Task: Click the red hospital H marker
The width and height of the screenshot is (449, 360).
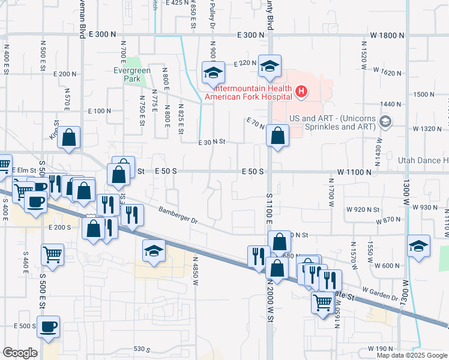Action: (x=302, y=92)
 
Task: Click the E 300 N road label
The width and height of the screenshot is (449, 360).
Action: (x=101, y=35)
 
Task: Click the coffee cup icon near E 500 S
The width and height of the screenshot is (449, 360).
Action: (x=48, y=327)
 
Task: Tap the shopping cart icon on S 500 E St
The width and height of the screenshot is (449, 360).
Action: (x=53, y=254)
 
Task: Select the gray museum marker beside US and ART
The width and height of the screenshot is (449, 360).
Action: (x=385, y=122)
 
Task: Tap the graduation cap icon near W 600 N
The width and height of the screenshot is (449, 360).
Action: (x=418, y=246)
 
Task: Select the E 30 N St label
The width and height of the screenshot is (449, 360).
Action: (x=212, y=142)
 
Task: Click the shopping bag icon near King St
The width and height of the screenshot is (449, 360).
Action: (x=70, y=137)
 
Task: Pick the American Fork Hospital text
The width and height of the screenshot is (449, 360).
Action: (x=248, y=96)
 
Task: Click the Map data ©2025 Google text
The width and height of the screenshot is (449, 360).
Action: (x=411, y=355)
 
